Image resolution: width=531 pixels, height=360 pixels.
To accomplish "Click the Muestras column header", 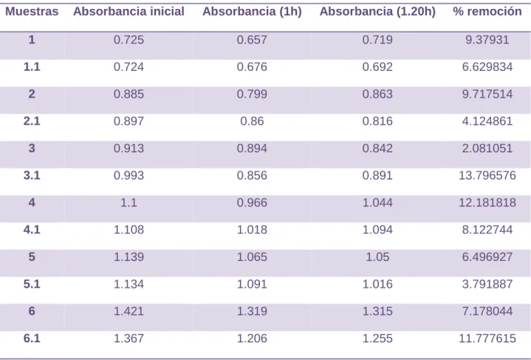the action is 32,12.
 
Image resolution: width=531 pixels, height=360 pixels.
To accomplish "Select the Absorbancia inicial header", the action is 129,12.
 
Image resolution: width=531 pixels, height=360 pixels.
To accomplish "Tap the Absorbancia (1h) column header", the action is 252,12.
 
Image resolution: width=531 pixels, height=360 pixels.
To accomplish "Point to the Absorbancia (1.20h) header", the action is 377,12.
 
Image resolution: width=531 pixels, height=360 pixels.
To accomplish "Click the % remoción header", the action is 487,12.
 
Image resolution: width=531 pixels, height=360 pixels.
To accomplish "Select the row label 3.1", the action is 32,175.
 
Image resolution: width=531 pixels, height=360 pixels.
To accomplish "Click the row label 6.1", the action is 32,339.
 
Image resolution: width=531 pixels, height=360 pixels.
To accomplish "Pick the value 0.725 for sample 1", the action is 129,40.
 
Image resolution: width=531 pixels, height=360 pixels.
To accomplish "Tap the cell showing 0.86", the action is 252,121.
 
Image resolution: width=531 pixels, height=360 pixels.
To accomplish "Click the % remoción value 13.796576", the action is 487,175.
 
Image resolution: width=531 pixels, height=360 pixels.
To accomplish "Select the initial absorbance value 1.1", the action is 129,203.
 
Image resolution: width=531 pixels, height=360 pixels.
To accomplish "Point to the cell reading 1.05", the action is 377,257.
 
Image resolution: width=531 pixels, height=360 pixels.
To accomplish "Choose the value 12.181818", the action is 487,203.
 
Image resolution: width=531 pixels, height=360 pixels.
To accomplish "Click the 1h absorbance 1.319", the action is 252,311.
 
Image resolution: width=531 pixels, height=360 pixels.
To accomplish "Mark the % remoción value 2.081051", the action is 487,148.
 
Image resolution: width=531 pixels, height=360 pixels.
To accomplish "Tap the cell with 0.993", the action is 129,175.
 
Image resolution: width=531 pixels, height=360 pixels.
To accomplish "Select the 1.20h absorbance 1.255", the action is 377,339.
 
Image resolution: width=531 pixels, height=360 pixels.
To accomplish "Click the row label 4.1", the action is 32,229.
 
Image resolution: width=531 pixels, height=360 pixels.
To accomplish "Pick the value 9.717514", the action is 487,94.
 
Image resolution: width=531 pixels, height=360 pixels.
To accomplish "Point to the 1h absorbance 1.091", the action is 252,284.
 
